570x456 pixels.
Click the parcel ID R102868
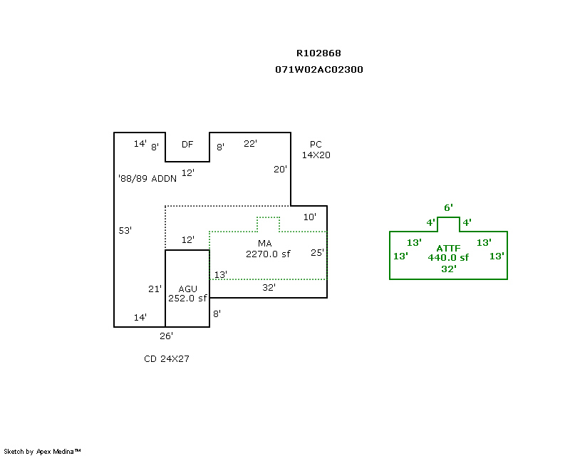tap(318, 53)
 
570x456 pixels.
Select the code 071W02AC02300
tap(318, 70)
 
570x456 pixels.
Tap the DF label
tap(187, 145)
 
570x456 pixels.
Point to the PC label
tap(316, 144)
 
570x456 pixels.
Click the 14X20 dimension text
tap(316, 155)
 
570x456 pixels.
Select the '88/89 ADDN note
tap(147, 179)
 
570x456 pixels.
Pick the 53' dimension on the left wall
tap(125, 230)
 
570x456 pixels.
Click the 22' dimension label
tap(250, 143)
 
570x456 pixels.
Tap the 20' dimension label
tap(281, 170)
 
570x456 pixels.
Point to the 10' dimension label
tap(310, 217)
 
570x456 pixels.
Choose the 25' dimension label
tap(317, 253)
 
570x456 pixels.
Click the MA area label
tap(265, 244)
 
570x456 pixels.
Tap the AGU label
tap(187, 289)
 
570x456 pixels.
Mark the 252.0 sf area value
tap(187, 299)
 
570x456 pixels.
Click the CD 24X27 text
tap(167, 359)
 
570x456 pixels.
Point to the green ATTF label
tap(448, 248)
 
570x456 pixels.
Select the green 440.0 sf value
tap(448, 258)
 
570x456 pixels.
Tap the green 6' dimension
tap(448, 208)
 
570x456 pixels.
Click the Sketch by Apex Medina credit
tap(42, 451)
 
